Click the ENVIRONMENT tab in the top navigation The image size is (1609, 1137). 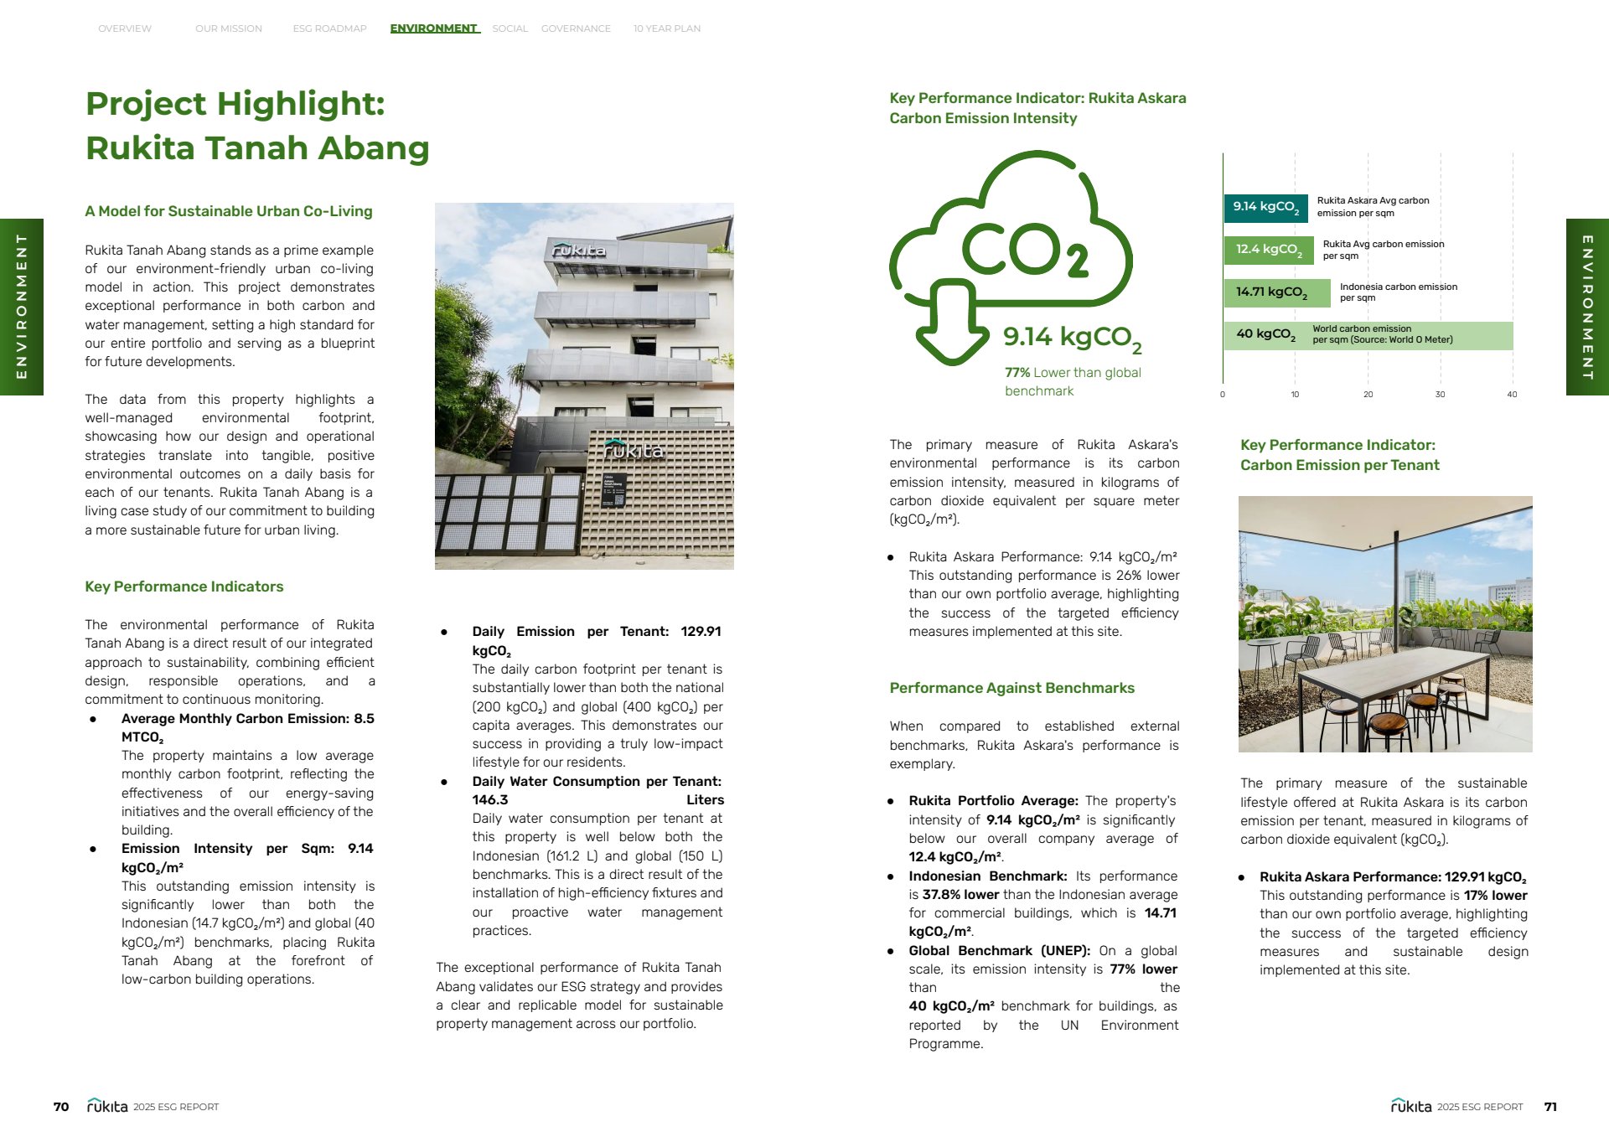pos(434,28)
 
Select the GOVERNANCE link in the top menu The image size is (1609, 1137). pos(576,28)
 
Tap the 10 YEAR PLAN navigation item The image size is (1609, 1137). pos(666,28)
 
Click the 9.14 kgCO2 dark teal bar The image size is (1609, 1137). pos(1265,207)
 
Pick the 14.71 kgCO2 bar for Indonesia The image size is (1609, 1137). pos(1276,292)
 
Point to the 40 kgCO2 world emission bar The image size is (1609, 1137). pos(1368,334)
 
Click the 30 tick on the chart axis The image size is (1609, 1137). pos(1440,395)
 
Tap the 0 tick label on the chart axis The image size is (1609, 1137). pos(1223,395)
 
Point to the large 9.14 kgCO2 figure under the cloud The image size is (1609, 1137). pos(1072,338)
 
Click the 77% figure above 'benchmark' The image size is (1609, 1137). pos(1017,373)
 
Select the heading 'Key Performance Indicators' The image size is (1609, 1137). pos(184,587)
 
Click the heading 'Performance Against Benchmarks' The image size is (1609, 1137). pos(1011,688)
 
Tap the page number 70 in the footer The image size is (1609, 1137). pos(61,1107)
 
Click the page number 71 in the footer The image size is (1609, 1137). pos(1550,1107)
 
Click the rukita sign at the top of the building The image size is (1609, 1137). pos(578,250)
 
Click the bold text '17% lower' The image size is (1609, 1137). pos(1495,896)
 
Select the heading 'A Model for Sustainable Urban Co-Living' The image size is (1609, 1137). pos(229,211)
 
